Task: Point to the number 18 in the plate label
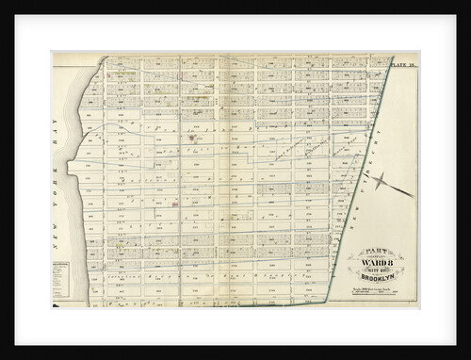[x=413, y=64]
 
